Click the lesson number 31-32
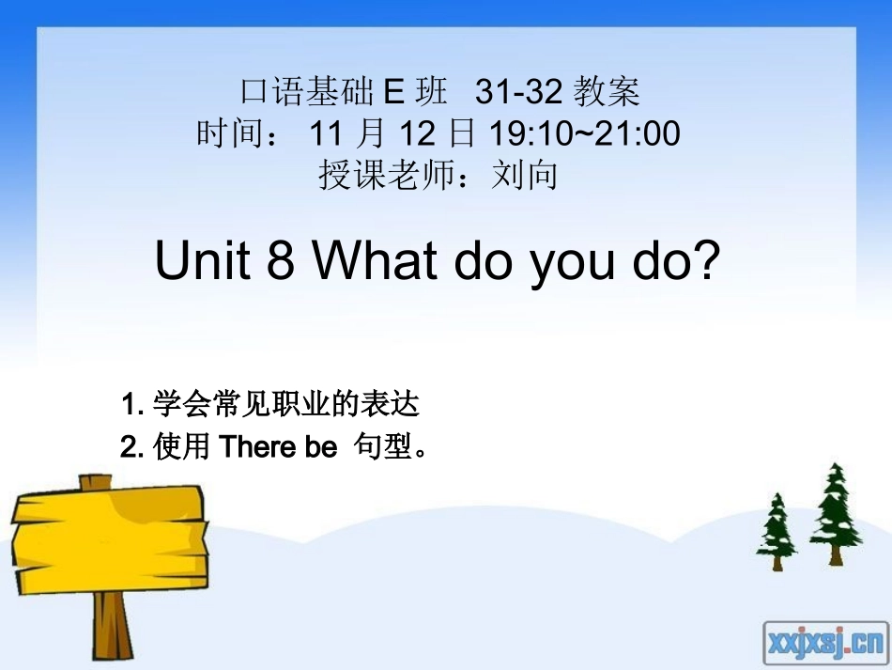pos(518,92)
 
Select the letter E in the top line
pos(393,92)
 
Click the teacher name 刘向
pos(525,175)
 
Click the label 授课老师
pos(388,175)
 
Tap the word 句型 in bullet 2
pos(383,448)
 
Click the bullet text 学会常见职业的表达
pos(285,405)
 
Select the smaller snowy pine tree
pos(777,532)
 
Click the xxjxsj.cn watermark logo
pos(824,643)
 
